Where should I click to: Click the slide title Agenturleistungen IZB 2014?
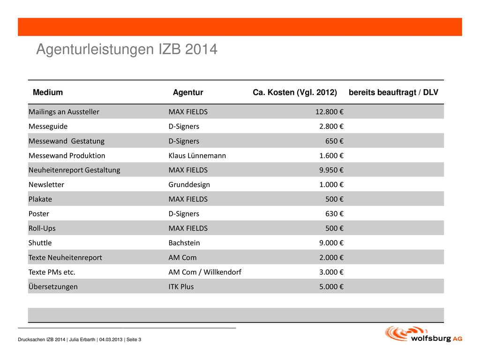pos(127,49)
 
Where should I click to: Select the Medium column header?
pos(48,92)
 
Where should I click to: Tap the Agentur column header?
pos(188,92)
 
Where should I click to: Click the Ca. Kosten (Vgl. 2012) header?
pos(295,92)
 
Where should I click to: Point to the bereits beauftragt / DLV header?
pos(393,92)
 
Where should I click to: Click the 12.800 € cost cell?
pos(330,112)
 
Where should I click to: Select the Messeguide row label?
pos(48,127)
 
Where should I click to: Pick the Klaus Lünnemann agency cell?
pos(197,156)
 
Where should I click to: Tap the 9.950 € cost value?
pos(331,170)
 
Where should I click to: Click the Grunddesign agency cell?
pos(189,185)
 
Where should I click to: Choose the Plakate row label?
pos(40,199)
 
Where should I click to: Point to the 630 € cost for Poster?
pos(334,214)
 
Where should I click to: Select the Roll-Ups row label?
pos(42,228)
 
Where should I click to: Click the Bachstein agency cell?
pos(184,243)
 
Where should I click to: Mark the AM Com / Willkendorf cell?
pos(205,272)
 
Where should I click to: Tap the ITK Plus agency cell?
pos(181,286)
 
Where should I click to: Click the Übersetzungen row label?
pos(53,286)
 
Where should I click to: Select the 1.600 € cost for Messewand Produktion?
pos(331,156)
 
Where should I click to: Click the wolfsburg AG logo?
pos(424,334)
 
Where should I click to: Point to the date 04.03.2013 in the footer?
pos(111,339)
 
